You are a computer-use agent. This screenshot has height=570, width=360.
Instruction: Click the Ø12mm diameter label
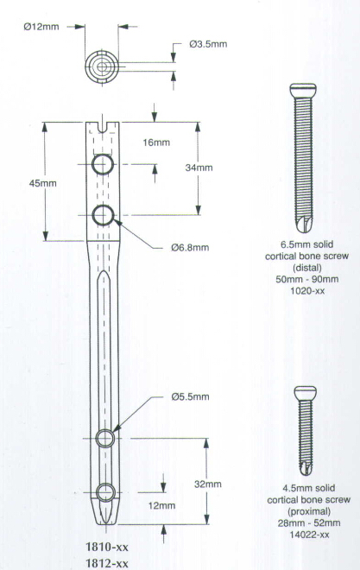click(x=41, y=27)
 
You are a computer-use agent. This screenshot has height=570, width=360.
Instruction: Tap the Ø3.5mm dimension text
click(x=208, y=44)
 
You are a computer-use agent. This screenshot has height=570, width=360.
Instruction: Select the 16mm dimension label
click(x=156, y=142)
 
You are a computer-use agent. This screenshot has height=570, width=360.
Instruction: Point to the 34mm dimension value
click(x=199, y=168)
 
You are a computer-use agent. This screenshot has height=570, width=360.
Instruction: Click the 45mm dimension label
click(x=43, y=183)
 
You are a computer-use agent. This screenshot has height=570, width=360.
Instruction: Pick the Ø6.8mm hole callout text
click(x=190, y=248)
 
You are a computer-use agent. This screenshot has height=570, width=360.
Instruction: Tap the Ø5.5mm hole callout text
click(x=190, y=396)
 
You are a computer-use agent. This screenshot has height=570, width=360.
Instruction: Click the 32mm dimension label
click(x=208, y=484)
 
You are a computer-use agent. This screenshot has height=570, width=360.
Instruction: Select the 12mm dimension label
click(x=161, y=505)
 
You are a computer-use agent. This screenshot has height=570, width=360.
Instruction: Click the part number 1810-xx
click(x=107, y=547)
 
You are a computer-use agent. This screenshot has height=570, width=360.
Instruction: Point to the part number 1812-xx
click(x=107, y=563)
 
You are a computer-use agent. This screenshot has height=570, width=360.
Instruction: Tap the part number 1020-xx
click(x=307, y=291)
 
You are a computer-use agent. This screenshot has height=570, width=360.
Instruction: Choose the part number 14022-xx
click(x=310, y=535)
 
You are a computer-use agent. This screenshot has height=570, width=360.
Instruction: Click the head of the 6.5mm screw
click(x=303, y=90)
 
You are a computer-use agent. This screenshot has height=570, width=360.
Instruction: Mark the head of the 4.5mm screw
click(x=305, y=393)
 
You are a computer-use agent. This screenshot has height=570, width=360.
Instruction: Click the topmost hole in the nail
click(x=103, y=164)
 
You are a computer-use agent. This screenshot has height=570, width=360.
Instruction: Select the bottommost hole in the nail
click(x=105, y=492)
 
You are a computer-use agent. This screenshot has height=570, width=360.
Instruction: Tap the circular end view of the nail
click(x=102, y=67)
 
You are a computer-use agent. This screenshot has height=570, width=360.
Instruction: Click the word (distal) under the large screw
click(x=307, y=268)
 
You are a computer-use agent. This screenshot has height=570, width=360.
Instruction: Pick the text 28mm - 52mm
click(x=310, y=523)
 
